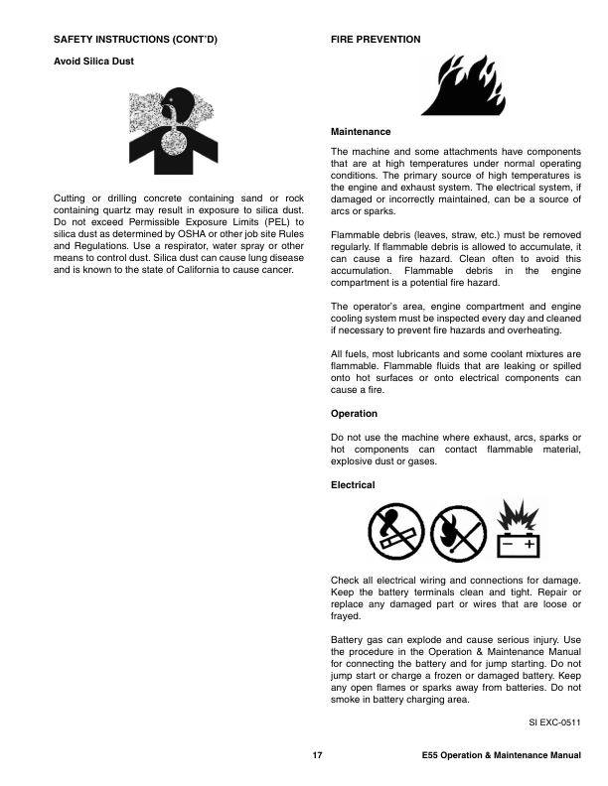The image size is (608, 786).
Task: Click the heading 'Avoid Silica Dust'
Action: [92, 62]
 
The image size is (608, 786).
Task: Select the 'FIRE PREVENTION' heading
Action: [375, 39]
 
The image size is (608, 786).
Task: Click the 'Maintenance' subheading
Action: [361, 132]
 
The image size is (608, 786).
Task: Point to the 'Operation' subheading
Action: [354, 413]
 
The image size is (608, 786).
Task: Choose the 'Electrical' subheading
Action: [353, 484]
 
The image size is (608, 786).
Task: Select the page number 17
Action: [317, 757]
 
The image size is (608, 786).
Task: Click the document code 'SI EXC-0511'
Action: [554, 724]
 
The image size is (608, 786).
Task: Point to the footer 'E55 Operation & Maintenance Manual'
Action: [501, 757]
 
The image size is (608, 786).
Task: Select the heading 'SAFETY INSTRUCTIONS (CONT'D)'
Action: [135, 39]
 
